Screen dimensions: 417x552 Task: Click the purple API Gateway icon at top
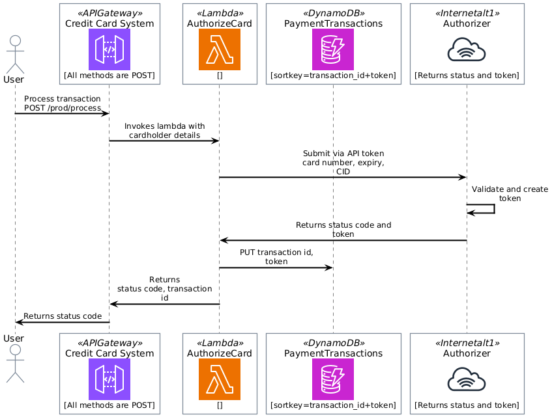109,49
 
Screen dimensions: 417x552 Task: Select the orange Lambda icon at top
220,49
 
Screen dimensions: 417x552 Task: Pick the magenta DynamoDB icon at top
333,49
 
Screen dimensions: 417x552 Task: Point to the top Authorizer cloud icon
467,49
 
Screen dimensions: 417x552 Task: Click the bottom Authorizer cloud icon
467,379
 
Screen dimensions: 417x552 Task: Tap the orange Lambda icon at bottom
220,379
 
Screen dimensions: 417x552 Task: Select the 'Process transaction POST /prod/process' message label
63,103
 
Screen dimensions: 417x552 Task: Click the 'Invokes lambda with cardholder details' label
164,130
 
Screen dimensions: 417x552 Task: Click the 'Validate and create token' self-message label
510,193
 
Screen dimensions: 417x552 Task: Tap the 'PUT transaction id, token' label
276,256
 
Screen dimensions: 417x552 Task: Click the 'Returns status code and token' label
343,229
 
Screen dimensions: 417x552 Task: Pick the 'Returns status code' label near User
63,316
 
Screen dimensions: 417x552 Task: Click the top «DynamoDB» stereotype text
333,13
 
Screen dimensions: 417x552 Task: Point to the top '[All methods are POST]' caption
109,75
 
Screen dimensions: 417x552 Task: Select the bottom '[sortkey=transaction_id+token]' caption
333,405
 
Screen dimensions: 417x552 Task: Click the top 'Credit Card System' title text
109,24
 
